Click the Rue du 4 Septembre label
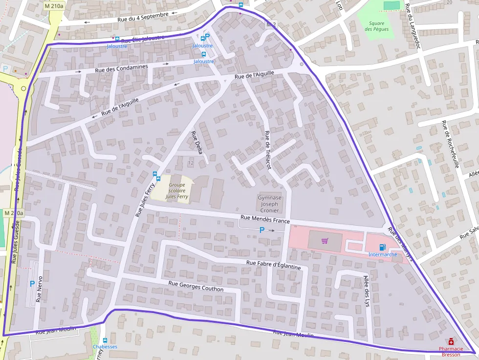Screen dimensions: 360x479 click(143, 18)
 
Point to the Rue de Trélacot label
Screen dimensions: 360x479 click(267, 150)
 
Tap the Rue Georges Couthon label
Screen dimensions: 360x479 click(196, 286)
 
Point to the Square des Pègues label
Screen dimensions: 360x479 click(377, 26)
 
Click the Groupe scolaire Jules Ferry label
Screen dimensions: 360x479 click(177, 191)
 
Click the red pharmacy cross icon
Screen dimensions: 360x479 click(451, 342)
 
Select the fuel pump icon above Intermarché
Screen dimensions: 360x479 click(382, 247)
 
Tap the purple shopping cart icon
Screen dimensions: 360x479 click(325, 241)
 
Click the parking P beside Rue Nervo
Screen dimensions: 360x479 click(32, 283)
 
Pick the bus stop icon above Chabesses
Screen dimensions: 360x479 click(105, 340)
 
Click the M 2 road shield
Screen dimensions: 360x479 click(271, 24)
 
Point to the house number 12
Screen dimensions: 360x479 click(191, 162)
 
